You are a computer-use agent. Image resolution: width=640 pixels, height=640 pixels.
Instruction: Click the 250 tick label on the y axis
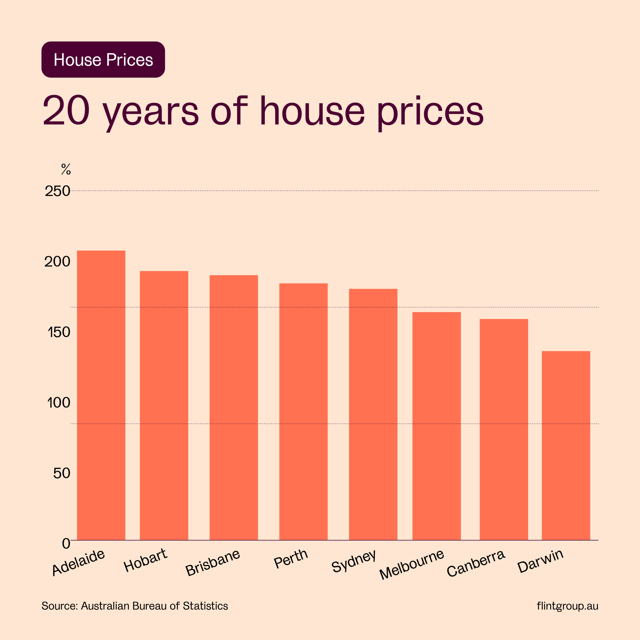click(x=57, y=191)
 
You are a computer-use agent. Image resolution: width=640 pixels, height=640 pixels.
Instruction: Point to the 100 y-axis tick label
click(x=59, y=402)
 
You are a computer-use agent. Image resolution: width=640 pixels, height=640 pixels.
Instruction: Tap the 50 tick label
click(x=61, y=473)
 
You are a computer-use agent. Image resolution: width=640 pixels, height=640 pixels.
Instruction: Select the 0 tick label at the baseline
click(x=66, y=543)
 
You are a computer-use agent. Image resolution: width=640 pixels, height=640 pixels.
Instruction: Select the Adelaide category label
click(x=78, y=562)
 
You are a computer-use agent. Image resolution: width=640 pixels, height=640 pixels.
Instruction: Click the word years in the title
click(x=150, y=112)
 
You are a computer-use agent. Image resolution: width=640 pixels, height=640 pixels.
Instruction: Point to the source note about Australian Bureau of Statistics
click(x=134, y=606)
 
